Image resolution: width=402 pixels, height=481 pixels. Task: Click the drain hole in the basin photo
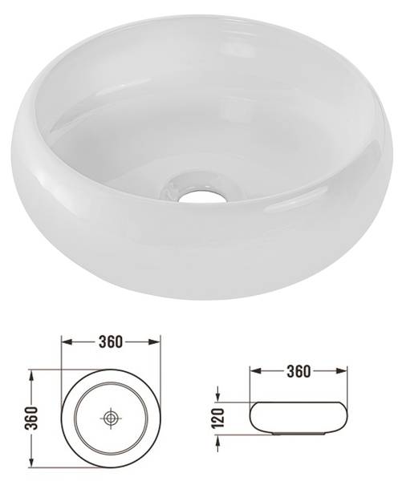click(x=201, y=194)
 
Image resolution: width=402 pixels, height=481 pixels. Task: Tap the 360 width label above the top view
click(x=111, y=342)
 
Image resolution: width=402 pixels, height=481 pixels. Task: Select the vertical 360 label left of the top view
click(x=32, y=418)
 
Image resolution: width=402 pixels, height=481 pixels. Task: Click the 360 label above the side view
click(x=298, y=371)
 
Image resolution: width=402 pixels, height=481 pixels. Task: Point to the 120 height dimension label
click(x=219, y=418)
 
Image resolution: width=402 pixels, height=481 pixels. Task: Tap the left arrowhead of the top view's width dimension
click(x=67, y=342)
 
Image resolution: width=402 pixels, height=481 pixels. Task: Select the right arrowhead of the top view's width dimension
click(x=155, y=342)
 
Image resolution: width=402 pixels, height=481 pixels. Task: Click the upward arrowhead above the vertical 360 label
click(x=30, y=375)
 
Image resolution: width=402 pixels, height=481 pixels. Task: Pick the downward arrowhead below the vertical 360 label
click(x=30, y=462)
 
